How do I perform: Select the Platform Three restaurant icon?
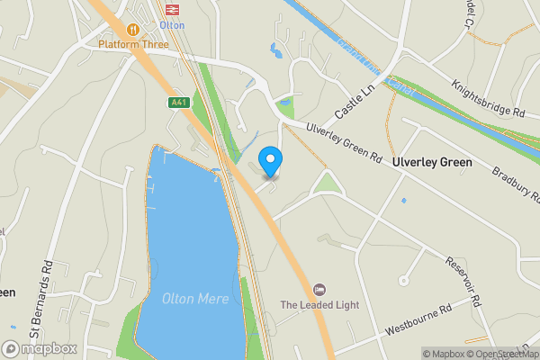tap(134, 29)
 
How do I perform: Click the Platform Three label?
tap(134, 44)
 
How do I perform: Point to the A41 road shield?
tap(179, 103)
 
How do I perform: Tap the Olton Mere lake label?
tap(191, 299)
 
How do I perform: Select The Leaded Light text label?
tap(319, 305)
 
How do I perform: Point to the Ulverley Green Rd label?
tap(343, 143)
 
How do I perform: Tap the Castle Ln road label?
tap(353, 104)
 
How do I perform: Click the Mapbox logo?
tap(38, 348)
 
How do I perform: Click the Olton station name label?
tap(172, 25)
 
